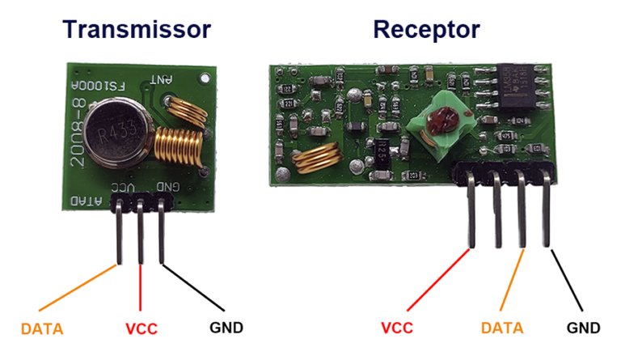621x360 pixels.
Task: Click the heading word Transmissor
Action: [137, 30]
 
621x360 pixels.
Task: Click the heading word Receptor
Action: [426, 30]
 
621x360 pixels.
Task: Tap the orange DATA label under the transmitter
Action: [42, 329]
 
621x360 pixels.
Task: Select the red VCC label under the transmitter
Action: [141, 329]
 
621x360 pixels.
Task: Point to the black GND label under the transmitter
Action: [226, 328]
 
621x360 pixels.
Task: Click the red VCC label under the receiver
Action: [396, 328]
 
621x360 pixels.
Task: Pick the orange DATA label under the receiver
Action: [501, 328]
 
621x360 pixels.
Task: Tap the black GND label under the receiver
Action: [583, 328]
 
